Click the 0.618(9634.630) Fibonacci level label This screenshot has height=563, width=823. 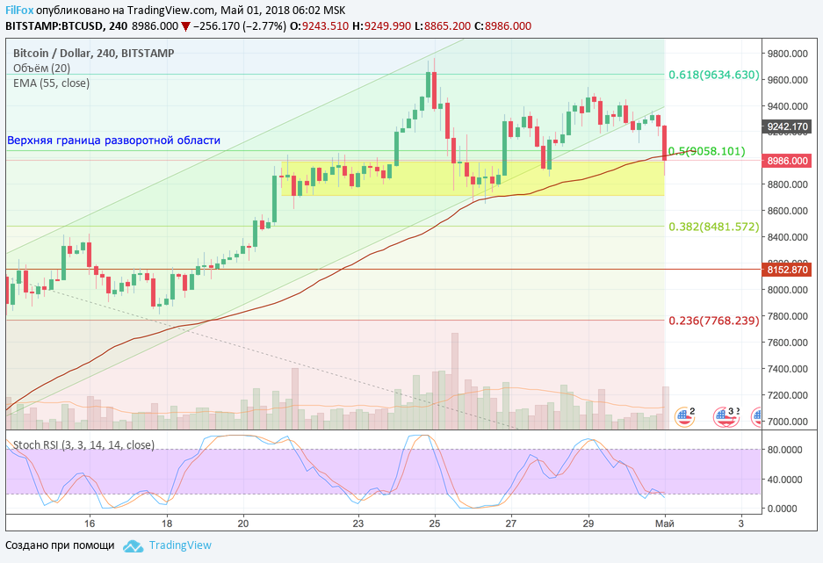point(713,75)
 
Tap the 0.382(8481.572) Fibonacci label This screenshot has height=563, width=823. point(713,227)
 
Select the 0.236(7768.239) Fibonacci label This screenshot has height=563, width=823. point(713,321)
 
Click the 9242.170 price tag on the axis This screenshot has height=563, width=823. point(787,126)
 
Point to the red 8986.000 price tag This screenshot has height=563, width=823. point(787,161)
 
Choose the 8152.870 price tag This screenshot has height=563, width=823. point(787,270)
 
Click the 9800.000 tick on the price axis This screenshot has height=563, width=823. point(788,54)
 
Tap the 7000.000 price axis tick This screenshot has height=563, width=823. point(788,422)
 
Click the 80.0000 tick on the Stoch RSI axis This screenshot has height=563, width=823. point(786,450)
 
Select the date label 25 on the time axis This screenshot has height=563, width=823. point(435,523)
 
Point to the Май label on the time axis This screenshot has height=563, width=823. point(666,523)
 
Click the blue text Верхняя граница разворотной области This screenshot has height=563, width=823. point(114,141)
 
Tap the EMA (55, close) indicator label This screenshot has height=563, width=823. point(51,83)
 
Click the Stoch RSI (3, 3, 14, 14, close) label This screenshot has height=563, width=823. point(83,445)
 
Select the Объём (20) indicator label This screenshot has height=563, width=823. point(42,69)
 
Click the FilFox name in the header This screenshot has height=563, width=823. point(19,9)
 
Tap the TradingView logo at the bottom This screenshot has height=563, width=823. point(169,545)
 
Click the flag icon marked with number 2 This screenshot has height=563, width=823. point(684,415)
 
